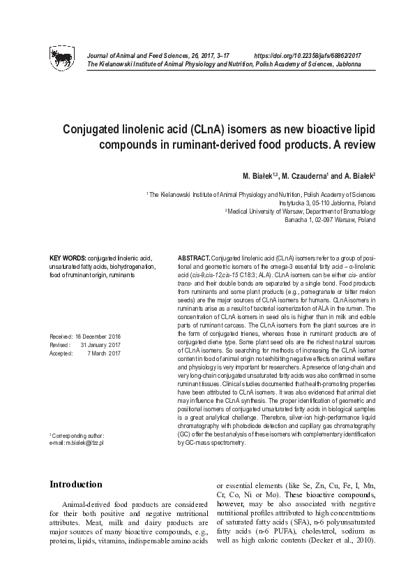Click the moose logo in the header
tap(61, 57)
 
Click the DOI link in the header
tap(308, 54)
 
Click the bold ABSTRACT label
tap(193, 258)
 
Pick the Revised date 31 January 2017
tap(101, 344)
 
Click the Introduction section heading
tap(76, 484)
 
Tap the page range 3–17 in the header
tap(218, 54)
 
